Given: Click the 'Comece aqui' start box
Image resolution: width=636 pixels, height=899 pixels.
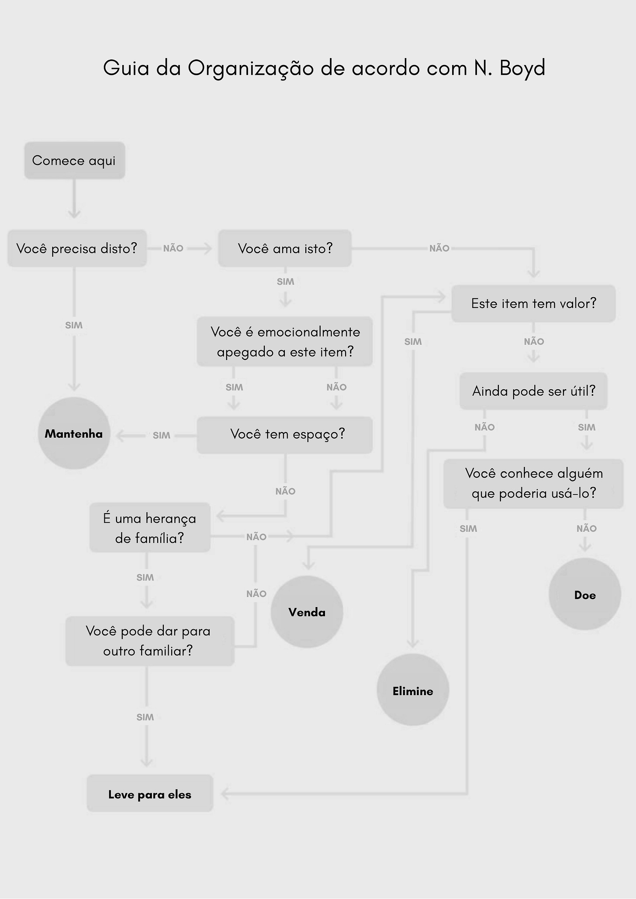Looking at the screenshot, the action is click(74, 161).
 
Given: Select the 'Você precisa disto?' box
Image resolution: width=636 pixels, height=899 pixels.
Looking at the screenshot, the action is click(77, 248).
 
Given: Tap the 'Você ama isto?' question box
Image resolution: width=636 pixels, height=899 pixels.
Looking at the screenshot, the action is click(285, 248).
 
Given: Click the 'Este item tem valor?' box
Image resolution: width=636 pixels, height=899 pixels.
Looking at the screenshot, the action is click(533, 303).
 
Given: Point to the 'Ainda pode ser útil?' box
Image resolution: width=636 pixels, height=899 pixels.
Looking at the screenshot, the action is click(533, 391).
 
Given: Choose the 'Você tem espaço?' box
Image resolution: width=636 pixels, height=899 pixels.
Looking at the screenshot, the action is click(285, 435).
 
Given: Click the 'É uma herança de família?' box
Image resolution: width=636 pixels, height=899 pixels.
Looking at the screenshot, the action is click(150, 528).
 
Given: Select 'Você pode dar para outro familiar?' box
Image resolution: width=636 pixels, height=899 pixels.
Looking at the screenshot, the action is click(150, 641).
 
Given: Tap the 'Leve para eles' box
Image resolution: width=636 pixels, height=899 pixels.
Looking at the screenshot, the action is click(150, 794).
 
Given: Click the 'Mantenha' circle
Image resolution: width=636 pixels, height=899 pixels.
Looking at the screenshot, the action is click(74, 433).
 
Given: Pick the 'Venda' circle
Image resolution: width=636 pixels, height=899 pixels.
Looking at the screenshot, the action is click(307, 612).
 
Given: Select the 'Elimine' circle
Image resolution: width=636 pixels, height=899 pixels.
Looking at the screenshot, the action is click(413, 691).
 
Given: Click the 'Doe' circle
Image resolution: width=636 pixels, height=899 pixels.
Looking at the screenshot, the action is click(585, 594).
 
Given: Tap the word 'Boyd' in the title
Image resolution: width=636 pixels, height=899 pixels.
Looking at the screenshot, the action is click(522, 68).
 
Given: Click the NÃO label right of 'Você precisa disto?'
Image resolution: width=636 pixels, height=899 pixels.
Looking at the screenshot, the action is click(173, 248).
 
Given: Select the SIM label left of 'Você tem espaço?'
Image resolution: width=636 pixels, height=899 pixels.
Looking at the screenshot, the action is click(161, 436).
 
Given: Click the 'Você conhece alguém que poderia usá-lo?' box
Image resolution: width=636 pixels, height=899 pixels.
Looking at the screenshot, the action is click(533, 484).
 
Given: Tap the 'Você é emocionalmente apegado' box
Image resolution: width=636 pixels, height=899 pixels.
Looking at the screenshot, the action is click(285, 342).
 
